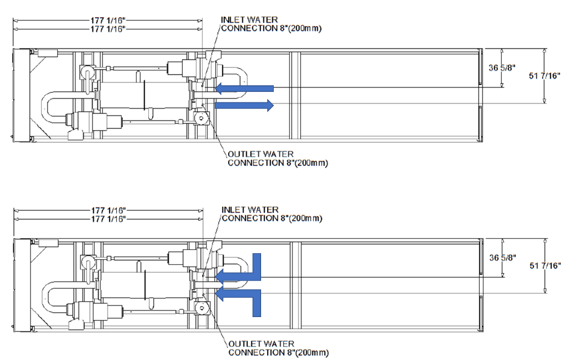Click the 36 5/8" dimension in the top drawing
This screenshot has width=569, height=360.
pos(499,69)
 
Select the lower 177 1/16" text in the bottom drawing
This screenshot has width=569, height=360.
pos(109,219)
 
